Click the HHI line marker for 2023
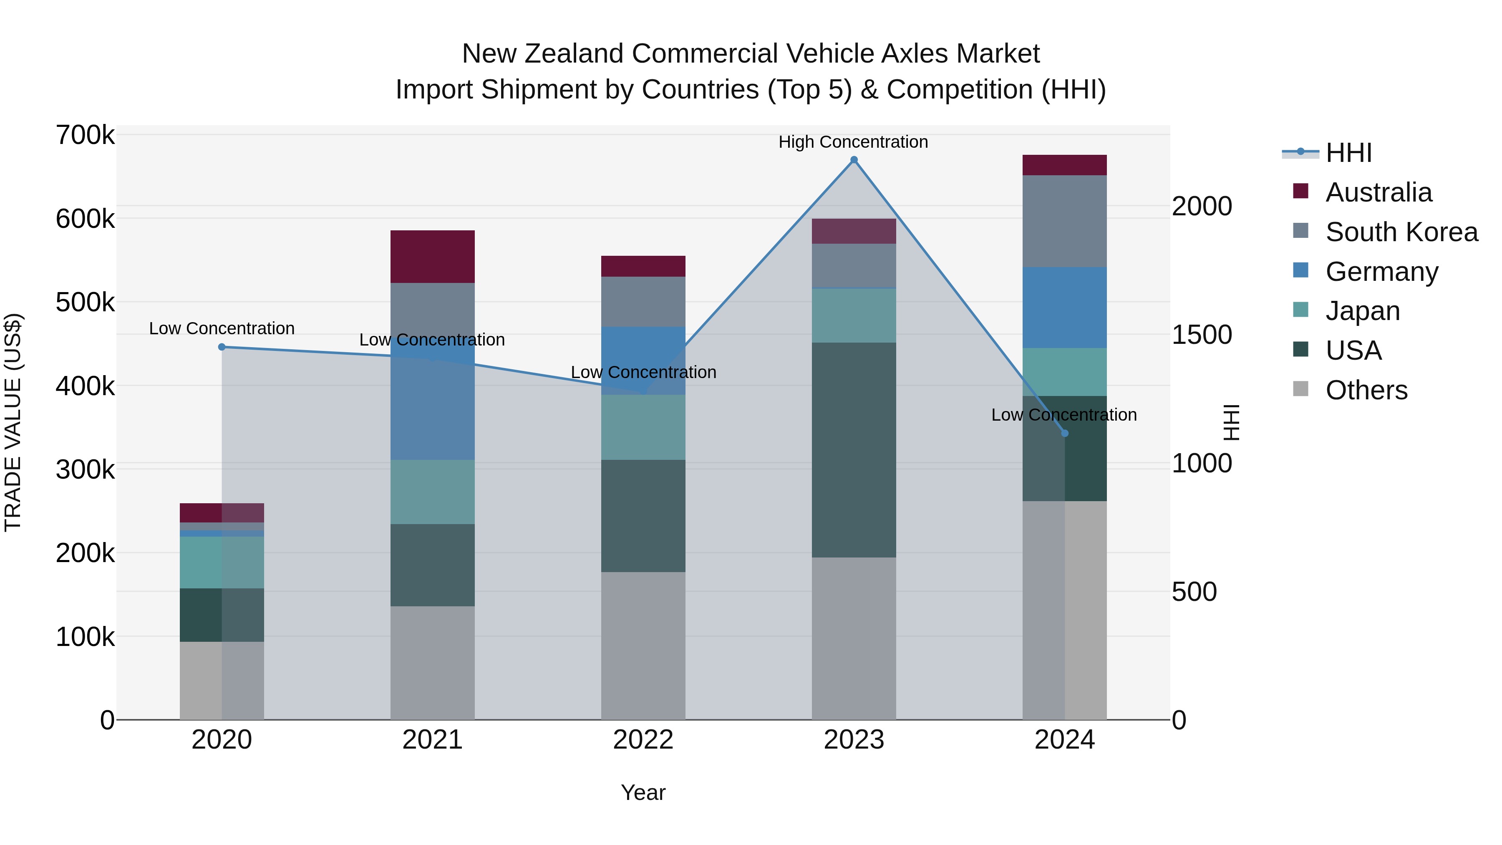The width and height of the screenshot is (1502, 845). tap(854, 160)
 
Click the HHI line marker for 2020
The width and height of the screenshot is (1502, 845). tap(222, 347)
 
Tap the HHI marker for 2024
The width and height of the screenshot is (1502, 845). tap(1065, 433)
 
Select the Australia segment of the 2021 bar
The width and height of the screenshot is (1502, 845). tap(432, 257)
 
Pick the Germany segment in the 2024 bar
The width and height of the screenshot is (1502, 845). tap(1065, 307)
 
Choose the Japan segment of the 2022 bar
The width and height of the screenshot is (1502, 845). tap(643, 427)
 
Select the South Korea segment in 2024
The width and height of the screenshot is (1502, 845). tap(1065, 221)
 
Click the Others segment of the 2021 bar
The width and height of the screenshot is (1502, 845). tap(432, 663)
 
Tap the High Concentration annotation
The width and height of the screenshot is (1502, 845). tap(853, 142)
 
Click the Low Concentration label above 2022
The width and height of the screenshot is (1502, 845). tap(643, 372)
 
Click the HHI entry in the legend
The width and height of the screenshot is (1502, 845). tap(1348, 153)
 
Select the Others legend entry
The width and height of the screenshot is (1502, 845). tap(1366, 390)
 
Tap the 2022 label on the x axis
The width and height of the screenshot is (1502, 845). tap(643, 740)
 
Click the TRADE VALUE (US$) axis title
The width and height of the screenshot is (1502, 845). tap(13, 422)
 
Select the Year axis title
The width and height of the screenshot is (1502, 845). tap(643, 792)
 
